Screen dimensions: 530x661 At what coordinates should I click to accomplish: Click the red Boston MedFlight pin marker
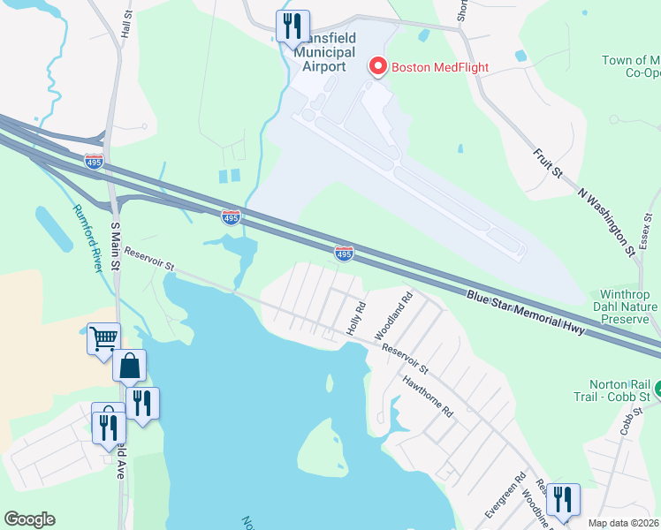[x=378, y=66]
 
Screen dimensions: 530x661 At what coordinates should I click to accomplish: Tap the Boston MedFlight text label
[x=439, y=67]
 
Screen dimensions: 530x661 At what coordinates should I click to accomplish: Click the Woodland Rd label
[x=394, y=317]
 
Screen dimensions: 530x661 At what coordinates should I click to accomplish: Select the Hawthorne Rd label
[x=427, y=398]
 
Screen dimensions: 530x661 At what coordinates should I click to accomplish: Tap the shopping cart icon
[x=104, y=337]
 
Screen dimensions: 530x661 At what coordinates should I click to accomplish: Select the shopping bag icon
[x=129, y=365]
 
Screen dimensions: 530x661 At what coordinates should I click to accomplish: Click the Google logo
[x=29, y=519]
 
